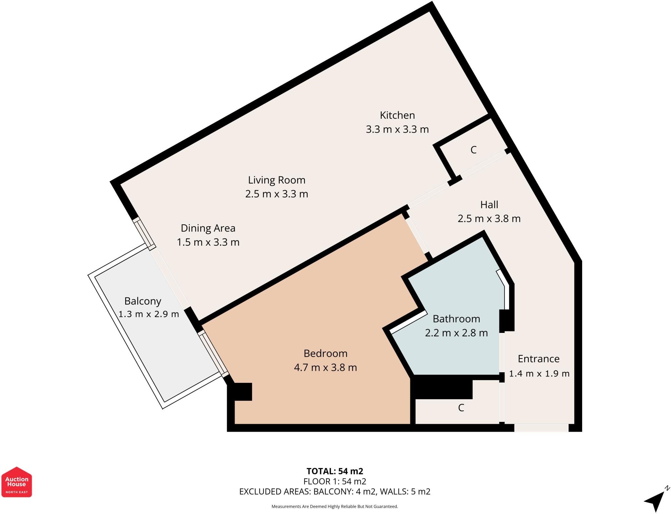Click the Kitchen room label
point(397,115)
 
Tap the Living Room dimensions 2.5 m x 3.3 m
point(277,194)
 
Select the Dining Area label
point(208,228)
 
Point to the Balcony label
point(143,301)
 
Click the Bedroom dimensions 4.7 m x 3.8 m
point(325,367)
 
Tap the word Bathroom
point(456,319)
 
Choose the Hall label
point(489,204)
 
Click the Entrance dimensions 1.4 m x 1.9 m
point(539,374)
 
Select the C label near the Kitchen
point(473,150)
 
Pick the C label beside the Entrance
point(461,408)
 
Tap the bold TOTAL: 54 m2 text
point(335,471)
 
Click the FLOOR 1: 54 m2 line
point(335,482)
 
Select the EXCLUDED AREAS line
point(335,492)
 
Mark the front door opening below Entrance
point(541,428)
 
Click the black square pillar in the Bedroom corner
point(243,392)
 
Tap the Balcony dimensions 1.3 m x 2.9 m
point(149,314)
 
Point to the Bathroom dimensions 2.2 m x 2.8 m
point(456,333)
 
